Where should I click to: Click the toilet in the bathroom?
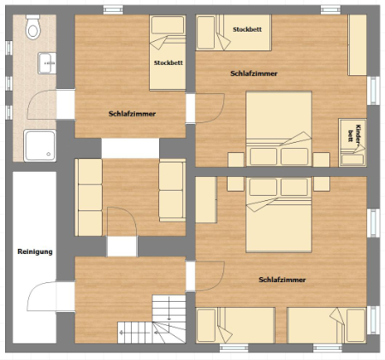click(33, 27)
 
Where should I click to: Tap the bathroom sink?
click(47, 63)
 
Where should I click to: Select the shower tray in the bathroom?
click(39, 145)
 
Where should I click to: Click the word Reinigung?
click(35, 251)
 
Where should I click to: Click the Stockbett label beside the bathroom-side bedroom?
click(169, 62)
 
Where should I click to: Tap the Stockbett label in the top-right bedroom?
click(247, 29)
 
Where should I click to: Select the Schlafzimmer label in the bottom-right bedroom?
click(282, 280)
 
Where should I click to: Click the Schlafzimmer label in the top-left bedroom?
click(132, 114)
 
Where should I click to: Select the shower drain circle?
click(49, 154)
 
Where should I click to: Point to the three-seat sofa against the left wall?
click(88, 198)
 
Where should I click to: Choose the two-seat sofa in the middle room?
click(172, 191)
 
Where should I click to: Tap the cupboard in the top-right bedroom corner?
click(357, 45)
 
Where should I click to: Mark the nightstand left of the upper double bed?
click(236, 160)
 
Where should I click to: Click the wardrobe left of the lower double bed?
click(206, 199)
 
